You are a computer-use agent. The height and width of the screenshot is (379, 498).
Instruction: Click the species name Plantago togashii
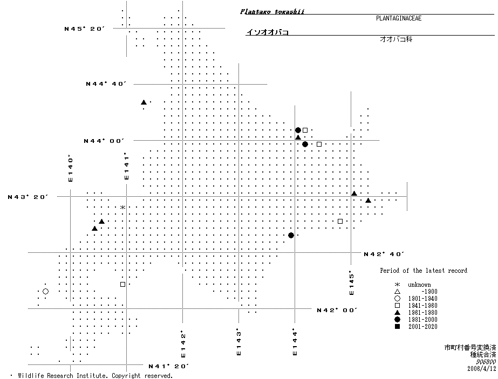pyautogui.click(x=272, y=11)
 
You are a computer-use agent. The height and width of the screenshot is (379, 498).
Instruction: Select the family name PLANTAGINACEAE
pyautogui.click(x=398, y=18)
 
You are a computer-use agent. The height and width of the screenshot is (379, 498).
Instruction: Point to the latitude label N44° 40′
pyautogui.click(x=106, y=84)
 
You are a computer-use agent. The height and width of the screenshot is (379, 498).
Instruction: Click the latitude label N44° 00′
pyautogui.click(x=104, y=141)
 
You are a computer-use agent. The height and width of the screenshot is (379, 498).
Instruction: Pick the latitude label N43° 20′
pyautogui.click(x=28, y=197)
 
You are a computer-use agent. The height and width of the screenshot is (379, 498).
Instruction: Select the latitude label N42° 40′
pyautogui.click(x=384, y=254)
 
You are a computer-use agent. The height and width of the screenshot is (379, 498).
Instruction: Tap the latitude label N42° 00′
pyautogui.click(x=337, y=310)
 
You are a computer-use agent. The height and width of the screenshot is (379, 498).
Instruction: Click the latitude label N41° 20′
pyautogui.click(x=168, y=367)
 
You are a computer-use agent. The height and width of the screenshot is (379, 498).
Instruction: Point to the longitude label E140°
pyautogui.click(x=70, y=169)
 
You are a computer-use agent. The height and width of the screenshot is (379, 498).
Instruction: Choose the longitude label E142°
pyautogui.click(x=183, y=344)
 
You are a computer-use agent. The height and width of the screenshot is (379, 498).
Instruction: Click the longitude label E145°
pyautogui.click(x=351, y=282)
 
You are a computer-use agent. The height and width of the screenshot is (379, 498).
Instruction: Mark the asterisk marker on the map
pyautogui.click(x=123, y=208)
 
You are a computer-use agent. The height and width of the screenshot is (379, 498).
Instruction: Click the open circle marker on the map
pyautogui.click(x=45, y=292)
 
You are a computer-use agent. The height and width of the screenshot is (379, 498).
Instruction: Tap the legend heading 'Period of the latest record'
pyautogui.click(x=424, y=271)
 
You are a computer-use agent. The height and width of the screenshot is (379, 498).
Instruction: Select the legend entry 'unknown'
pyautogui.click(x=419, y=285)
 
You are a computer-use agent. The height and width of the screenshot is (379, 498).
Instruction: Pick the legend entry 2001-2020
pyautogui.click(x=422, y=327)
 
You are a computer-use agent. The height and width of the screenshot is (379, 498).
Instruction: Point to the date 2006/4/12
pyautogui.click(x=481, y=369)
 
